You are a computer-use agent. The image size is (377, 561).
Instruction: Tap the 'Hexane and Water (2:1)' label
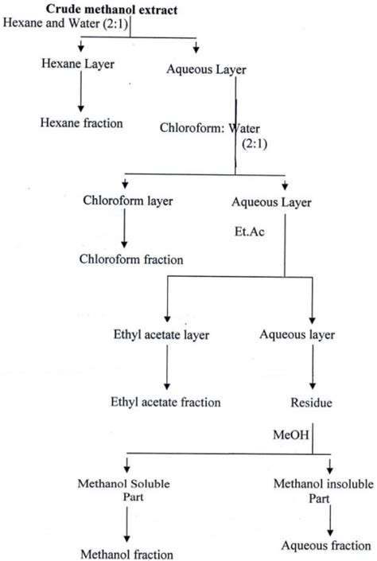pos(66,22)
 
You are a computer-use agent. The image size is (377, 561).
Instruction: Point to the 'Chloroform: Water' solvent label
pos(208,127)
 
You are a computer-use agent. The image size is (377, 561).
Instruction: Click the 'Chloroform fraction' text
pos(143,259)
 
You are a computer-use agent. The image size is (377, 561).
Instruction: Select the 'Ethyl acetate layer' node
pos(163,335)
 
